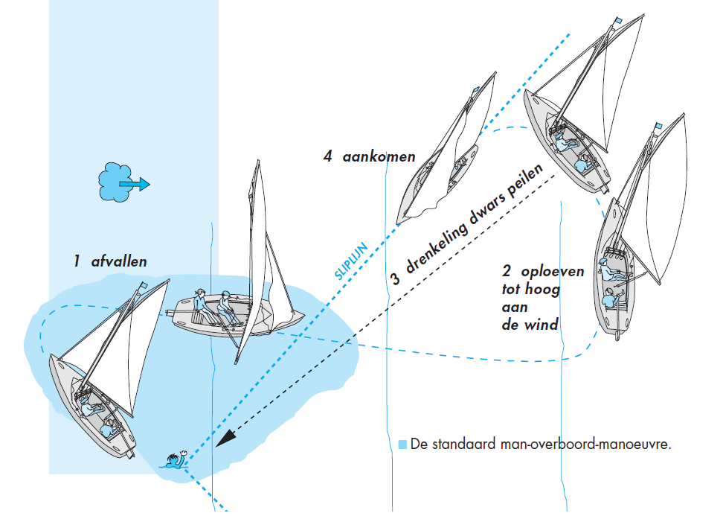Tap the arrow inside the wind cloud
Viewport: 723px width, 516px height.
click(x=135, y=183)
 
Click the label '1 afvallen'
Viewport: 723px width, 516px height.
click(x=110, y=261)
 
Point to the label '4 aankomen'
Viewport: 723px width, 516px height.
click(x=369, y=157)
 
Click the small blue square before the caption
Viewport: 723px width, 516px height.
click(x=402, y=445)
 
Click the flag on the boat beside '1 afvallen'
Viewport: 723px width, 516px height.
click(x=143, y=286)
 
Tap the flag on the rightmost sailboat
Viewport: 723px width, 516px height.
click(x=658, y=126)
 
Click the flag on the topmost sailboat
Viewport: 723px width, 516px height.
click(x=617, y=21)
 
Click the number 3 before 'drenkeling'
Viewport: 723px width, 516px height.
click(x=396, y=279)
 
